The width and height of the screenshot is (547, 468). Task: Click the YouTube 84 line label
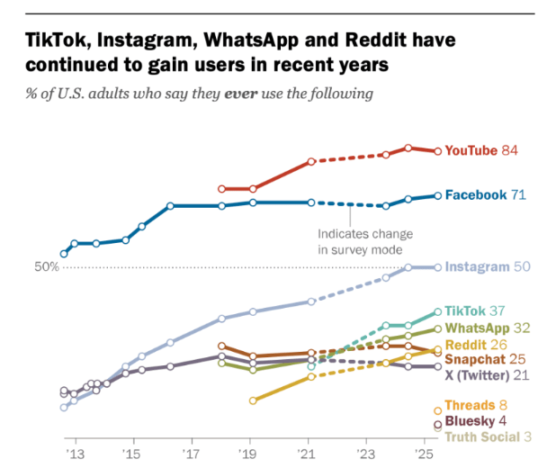(x=480, y=150)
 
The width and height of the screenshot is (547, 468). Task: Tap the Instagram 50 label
(x=487, y=267)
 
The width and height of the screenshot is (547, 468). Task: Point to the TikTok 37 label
(x=477, y=310)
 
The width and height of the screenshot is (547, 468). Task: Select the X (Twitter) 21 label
(x=486, y=375)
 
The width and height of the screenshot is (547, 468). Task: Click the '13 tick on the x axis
(x=75, y=454)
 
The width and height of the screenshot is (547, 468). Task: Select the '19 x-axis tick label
(x=252, y=454)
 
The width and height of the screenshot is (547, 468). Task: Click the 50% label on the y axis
(x=47, y=267)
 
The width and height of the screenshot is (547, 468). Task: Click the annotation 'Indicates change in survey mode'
(x=359, y=242)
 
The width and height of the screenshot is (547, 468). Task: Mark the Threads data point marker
(x=438, y=410)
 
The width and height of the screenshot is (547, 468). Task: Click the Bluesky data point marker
(x=438, y=424)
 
